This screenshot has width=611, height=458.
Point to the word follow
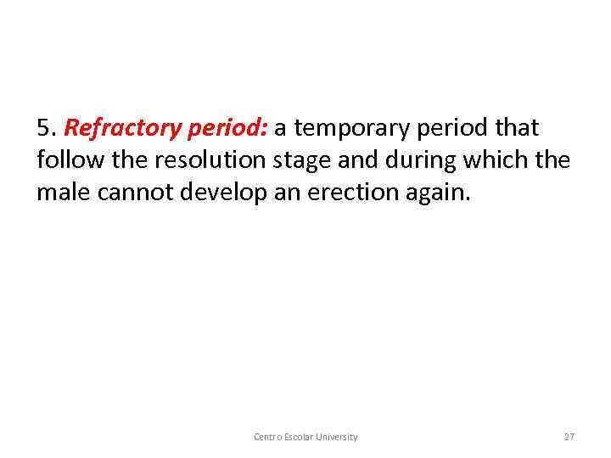(x=67, y=160)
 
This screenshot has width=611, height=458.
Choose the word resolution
(x=197, y=160)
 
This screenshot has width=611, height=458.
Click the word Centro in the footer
(x=268, y=437)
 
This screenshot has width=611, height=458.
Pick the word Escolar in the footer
(x=301, y=437)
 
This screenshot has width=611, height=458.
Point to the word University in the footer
(x=339, y=437)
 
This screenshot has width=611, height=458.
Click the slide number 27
(x=569, y=437)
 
